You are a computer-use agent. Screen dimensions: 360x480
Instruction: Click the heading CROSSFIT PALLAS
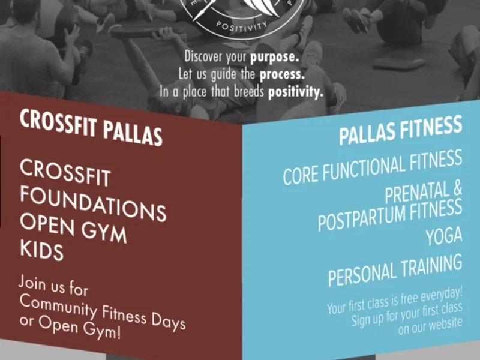91,127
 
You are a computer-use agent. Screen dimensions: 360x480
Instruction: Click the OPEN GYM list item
73,229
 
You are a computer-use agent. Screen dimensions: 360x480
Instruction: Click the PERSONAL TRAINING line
395,270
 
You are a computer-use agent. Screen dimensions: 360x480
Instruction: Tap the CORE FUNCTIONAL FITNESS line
372,167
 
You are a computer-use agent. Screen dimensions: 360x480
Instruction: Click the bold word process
281,76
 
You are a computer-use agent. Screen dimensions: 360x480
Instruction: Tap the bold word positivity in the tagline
295,92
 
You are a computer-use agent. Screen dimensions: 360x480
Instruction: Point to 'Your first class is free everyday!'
395,300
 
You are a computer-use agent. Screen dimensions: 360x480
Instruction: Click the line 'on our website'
431,325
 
